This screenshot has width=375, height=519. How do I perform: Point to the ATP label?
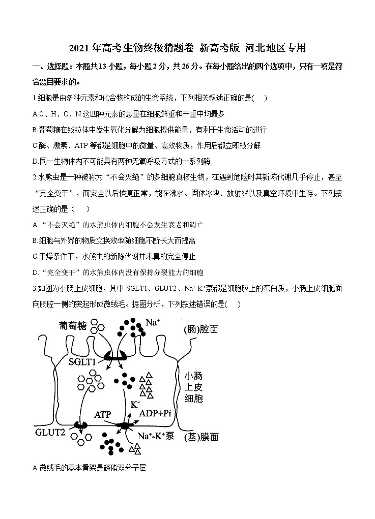(x=103, y=414)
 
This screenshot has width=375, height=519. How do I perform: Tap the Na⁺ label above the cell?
(x=152, y=322)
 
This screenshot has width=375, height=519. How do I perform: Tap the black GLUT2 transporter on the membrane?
(x=80, y=424)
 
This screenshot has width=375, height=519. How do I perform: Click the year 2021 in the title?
(x=79, y=49)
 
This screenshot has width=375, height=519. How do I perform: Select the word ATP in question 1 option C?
(x=81, y=145)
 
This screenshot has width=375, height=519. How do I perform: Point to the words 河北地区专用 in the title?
(x=275, y=49)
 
